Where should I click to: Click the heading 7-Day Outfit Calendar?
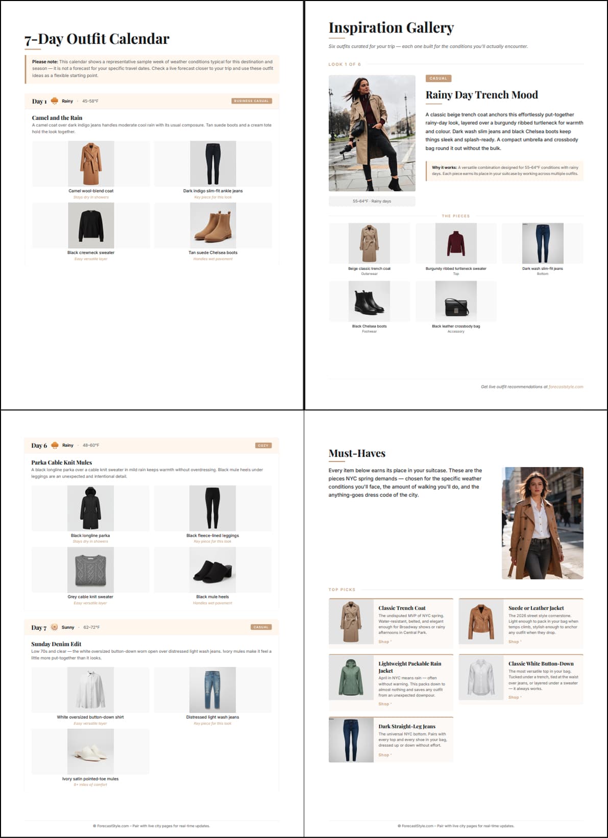pyautogui.click(x=96, y=39)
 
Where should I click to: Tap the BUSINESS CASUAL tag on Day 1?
pyautogui.click(x=251, y=101)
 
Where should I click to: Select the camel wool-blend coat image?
pyautogui.click(x=91, y=164)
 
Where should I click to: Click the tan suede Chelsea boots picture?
pyautogui.click(x=213, y=225)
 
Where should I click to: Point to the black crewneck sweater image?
pyautogui.click(x=91, y=225)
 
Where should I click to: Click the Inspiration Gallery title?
pyautogui.click(x=391, y=28)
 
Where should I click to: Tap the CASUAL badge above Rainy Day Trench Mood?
pyautogui.click(x=438, y=79)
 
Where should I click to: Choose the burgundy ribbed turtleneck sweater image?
pyautogui.click(x=456, y=243)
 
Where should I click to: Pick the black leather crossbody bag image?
pyautogui.click(x=456, y=301)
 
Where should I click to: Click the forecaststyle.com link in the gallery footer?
pyautogui.click(x=566, y=387)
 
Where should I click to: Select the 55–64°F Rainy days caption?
pyautogui.click(x=372, y=201)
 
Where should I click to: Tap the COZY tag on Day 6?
pyautogui.click(x=263, y=445)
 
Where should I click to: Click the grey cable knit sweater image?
pyautogui.click(x=90, y=570)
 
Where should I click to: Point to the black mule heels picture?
pyautogui.click(x=212, y=570)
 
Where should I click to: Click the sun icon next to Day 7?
pyautogui.click(x=54, y=627)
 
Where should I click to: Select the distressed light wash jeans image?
pyautogui.click(x=212, y=690)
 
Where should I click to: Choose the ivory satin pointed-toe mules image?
pyautogui.click(x=90, y=751)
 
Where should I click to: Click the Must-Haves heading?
pyautogui.click(x=357, y=453)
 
